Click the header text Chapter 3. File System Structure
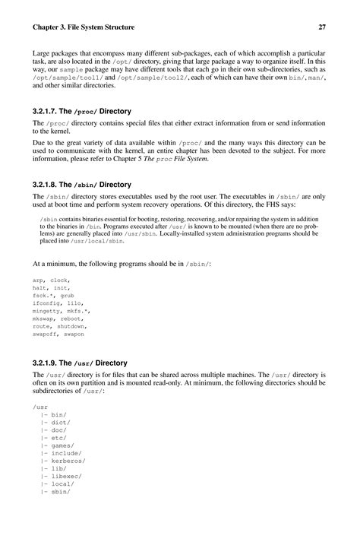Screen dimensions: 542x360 (x=84, y=27)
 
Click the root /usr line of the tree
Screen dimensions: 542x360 (x=40, y=407)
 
